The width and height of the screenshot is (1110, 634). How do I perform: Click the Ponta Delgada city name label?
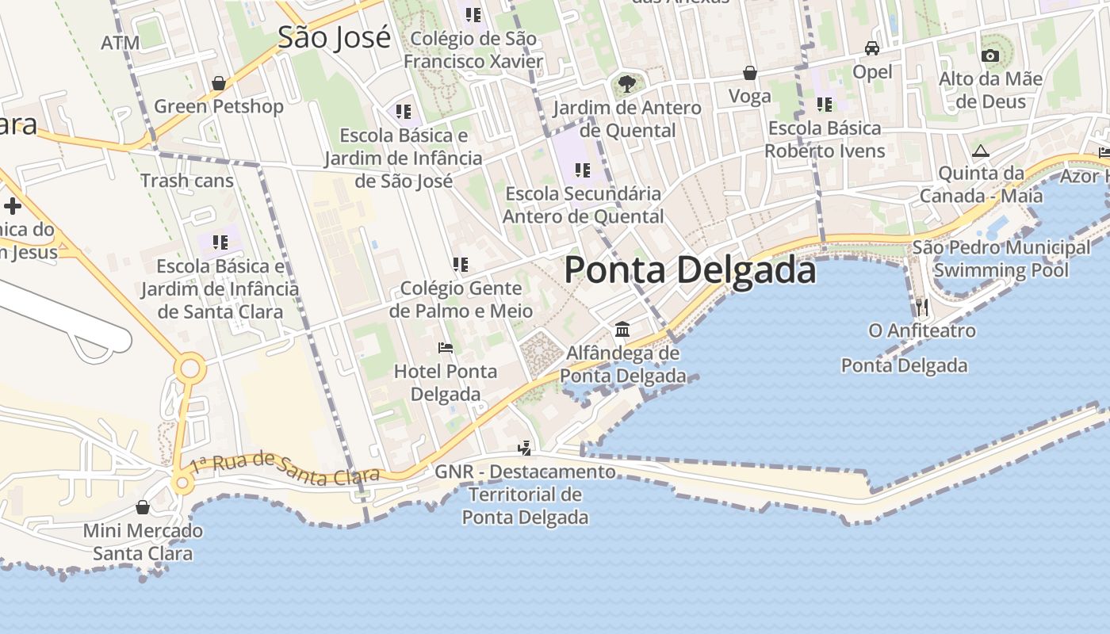click(x=690, y=270)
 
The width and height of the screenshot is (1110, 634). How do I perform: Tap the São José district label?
click(x=334, y=37)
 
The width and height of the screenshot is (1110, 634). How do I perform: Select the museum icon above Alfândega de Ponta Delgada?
click(x=622, y=329)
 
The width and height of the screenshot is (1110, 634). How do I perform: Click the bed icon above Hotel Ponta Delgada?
click(x=446, y=348)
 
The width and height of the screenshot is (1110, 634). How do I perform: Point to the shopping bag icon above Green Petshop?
click(x=219, y=83)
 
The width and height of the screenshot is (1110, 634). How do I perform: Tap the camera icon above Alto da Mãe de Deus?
click(x=989, y=55)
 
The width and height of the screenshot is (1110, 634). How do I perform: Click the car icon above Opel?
click(x=872, y=48)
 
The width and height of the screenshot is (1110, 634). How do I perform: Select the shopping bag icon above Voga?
click(x=749, y=74)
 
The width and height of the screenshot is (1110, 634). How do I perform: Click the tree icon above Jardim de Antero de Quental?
click(x=626, y=83)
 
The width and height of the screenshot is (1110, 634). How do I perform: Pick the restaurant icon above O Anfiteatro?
click(x=921, y=307)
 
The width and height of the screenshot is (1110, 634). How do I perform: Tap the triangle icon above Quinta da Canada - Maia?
click(x=981, y=151)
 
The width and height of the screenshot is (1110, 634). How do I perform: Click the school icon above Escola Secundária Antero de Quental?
click(x=583, y=170)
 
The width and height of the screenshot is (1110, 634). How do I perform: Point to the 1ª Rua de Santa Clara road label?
click(x=285, y=468)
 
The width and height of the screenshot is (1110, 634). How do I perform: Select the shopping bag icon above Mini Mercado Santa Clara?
click(x=143, y=507)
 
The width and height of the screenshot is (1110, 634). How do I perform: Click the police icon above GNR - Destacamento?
click(x=524, y=449)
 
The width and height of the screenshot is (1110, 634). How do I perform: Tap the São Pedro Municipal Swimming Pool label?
click(x=1001, y=259)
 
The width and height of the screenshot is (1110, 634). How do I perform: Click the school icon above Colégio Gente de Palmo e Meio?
click(x=460, y=265)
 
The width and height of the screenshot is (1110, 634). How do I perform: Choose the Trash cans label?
click(x=187, y=181)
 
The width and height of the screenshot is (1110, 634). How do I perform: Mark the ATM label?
click(x=121, y=43)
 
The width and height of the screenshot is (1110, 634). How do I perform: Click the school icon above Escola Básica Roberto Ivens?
click(x=825, y=105)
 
